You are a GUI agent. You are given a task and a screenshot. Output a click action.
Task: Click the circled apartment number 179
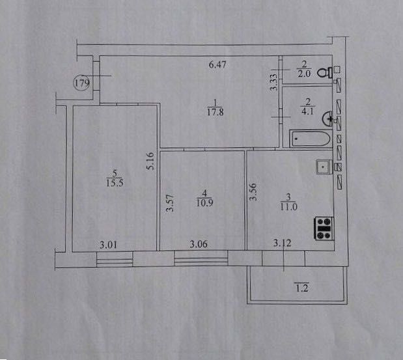point(82,83)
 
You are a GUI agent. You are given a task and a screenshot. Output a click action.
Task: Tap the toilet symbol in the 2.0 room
point(325,73)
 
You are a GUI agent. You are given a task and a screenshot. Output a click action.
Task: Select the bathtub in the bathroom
point(310,139)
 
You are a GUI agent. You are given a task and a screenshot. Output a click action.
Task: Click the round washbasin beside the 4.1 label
point(327,118)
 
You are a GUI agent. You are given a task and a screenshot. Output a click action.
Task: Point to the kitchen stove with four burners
point(324,228)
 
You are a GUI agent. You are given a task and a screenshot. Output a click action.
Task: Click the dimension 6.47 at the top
point(217,64)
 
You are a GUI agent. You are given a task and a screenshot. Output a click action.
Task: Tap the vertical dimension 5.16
point(150,161)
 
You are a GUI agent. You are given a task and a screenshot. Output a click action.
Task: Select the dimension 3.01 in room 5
point(108,245)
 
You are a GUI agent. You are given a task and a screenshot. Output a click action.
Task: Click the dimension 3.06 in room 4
point(199,244)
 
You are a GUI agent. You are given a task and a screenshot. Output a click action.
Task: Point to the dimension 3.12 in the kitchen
point(282,243)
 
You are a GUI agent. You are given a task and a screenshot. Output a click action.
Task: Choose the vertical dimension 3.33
point(274,82)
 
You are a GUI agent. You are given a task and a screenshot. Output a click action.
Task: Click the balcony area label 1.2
point(302,288)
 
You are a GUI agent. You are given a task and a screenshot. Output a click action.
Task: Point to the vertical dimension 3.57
point(171,202)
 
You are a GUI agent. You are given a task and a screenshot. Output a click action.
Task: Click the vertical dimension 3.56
point(253,191)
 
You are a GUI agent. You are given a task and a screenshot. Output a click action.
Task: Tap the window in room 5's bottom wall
point(115,259)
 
